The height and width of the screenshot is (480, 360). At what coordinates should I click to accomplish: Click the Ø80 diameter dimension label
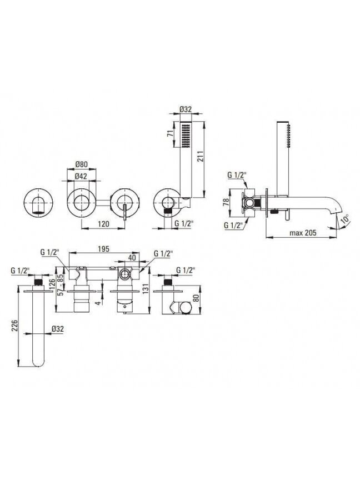pos(82,164)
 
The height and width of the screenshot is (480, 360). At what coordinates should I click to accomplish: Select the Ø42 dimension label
pos(81,176)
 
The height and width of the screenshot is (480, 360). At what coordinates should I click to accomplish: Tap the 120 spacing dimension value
pos(103,224)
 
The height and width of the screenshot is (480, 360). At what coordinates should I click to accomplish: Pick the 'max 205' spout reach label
pos(303,233)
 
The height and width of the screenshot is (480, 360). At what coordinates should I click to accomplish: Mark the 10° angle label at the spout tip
pos(345,219)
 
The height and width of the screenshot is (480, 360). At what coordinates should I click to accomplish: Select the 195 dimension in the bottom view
pos(103,249)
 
